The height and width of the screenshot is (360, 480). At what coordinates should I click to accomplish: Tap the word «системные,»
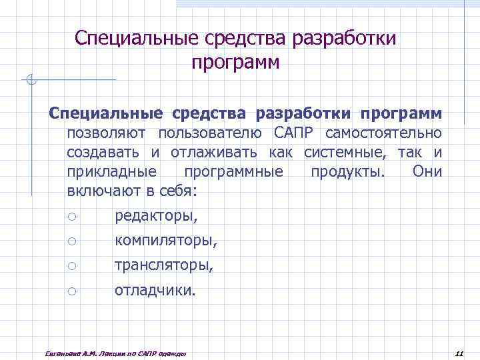click(x=345, y=152)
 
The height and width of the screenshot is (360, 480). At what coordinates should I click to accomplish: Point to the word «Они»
click(x=427, y=171)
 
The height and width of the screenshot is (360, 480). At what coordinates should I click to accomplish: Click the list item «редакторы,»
click(x=156, y=216)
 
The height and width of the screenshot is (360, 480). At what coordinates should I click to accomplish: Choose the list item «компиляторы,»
click(x=166, y=241)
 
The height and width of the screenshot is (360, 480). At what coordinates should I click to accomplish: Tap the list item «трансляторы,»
click(x=164, y=265)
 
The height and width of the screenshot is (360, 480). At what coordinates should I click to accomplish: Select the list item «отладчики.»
click(x=155, y=290)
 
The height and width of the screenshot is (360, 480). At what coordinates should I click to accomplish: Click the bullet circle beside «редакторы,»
click(x=72, y=216)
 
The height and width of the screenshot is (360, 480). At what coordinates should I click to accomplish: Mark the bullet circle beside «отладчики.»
click(x=72, y=291)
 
